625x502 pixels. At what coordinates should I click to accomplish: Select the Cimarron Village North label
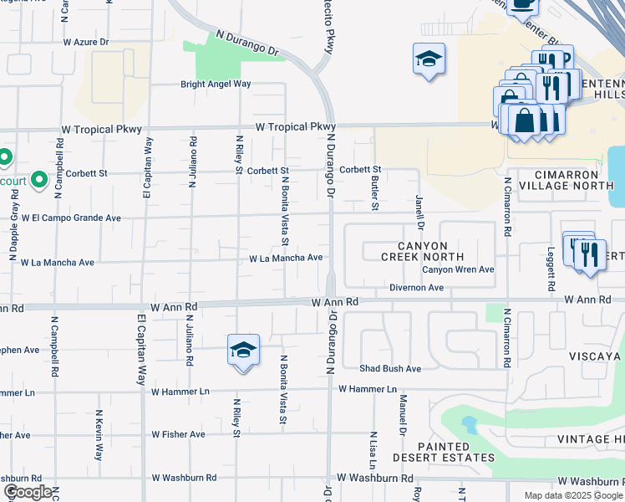point(572,179)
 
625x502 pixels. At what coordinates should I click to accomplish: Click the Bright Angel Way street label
point(216,85)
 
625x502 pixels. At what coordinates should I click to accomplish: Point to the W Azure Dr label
point(86,41)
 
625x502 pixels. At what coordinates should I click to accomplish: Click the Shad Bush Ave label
point(390,369)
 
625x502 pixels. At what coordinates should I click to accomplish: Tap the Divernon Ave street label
point(415,288)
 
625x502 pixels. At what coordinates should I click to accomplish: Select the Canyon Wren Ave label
point(458,269)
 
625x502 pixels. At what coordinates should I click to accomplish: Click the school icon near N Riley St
point(243,349)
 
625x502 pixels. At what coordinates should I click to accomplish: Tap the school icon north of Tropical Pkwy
point(429,59)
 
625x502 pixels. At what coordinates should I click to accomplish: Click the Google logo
point(28,492)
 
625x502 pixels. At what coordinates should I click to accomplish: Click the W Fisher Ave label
point(178,435)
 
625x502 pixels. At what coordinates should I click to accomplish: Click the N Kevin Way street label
point(99,434)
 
